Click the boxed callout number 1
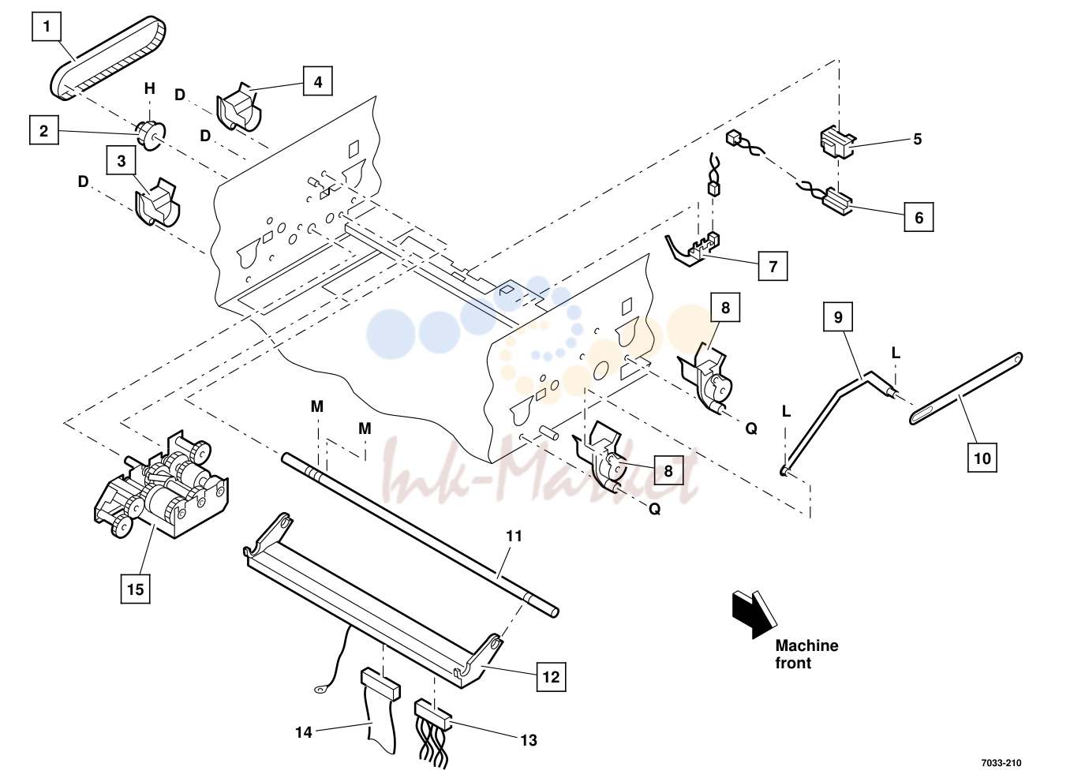47,26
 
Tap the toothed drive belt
108,58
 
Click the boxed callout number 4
318,81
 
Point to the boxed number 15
135,589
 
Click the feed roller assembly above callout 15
161,484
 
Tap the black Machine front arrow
754,613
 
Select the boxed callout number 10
982,458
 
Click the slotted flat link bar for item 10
967,388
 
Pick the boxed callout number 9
838,317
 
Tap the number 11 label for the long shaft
514,536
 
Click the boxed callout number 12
552,676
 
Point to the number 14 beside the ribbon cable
304,732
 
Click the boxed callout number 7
773,266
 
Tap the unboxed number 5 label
918,139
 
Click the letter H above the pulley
150,88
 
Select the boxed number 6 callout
919,217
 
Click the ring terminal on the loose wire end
320,688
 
